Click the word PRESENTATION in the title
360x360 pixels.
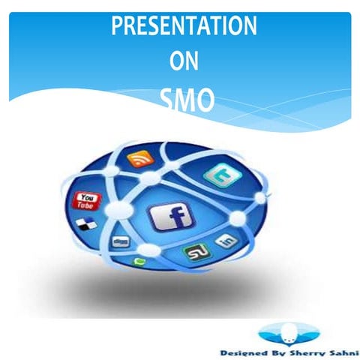pos(184,27)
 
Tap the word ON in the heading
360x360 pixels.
pos(184,63)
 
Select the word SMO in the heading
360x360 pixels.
pos(186,100)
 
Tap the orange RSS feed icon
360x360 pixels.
pos(140,159)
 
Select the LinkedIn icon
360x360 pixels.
pos(226,241)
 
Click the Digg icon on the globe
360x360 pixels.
pos(120,241)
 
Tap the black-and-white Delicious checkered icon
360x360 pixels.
pos(89,223)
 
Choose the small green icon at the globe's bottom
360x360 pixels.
pos(139,262)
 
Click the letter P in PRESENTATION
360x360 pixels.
pos(118,27)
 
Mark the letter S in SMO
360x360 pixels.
pos(167,100)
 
